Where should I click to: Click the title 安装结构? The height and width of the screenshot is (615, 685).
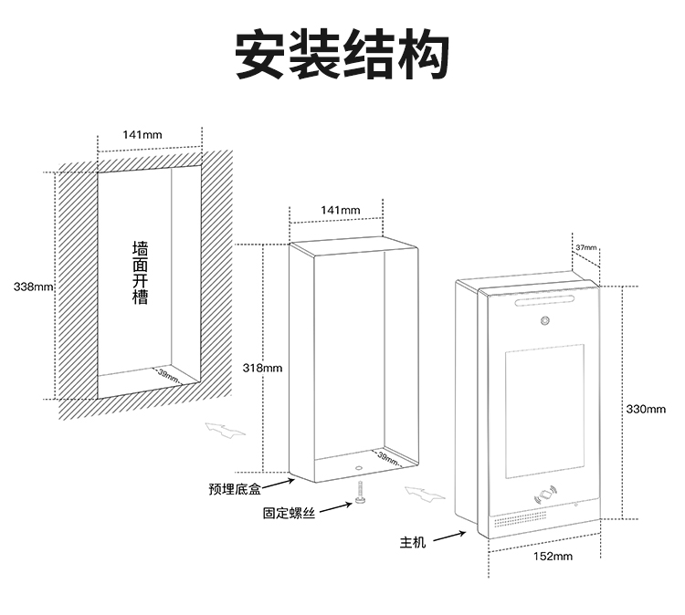tap(342, 56)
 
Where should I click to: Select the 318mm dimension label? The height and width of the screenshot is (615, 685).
tap(263, 368)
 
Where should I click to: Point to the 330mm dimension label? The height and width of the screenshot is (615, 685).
tap(646, 409)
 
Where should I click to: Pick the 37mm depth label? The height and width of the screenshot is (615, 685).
tap(585, 247)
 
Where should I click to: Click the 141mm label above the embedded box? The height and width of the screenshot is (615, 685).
tap(341, 210)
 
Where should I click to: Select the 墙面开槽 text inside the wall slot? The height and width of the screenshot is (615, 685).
tap(140, 273)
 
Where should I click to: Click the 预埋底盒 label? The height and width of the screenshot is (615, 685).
tap(235, 491)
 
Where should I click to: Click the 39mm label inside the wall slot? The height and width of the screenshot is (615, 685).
tap(167, 373)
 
